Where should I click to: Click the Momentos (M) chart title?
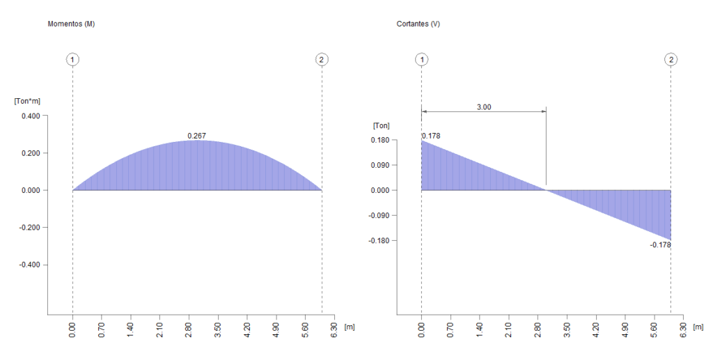coord(71,24)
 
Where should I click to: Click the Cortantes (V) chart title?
coord(418,24)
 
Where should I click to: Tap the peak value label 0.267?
coord(197,136)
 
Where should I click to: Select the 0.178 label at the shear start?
coord(431,136)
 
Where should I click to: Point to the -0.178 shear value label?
coord(660,245)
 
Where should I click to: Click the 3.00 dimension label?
coord(483,107)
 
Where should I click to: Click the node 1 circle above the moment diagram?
coord(73,59)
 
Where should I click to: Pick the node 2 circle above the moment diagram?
coord(321,59)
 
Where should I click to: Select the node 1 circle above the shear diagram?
coord(421,59)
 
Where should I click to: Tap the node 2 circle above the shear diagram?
coord(671,59)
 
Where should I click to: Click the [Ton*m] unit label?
coord(27,102)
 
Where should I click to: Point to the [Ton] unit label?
coord(381,125)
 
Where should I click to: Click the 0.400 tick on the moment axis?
coord(31,116)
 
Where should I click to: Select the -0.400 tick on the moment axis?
coord(29,265)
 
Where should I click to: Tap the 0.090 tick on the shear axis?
coord(380,165)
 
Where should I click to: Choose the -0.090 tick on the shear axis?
coord(379,215)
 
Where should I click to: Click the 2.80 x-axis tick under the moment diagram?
coord(189,329)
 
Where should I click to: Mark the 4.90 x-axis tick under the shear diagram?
coord(625,329)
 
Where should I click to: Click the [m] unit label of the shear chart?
coord(698,326)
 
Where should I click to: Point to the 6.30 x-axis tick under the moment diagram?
coord(335,329)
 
